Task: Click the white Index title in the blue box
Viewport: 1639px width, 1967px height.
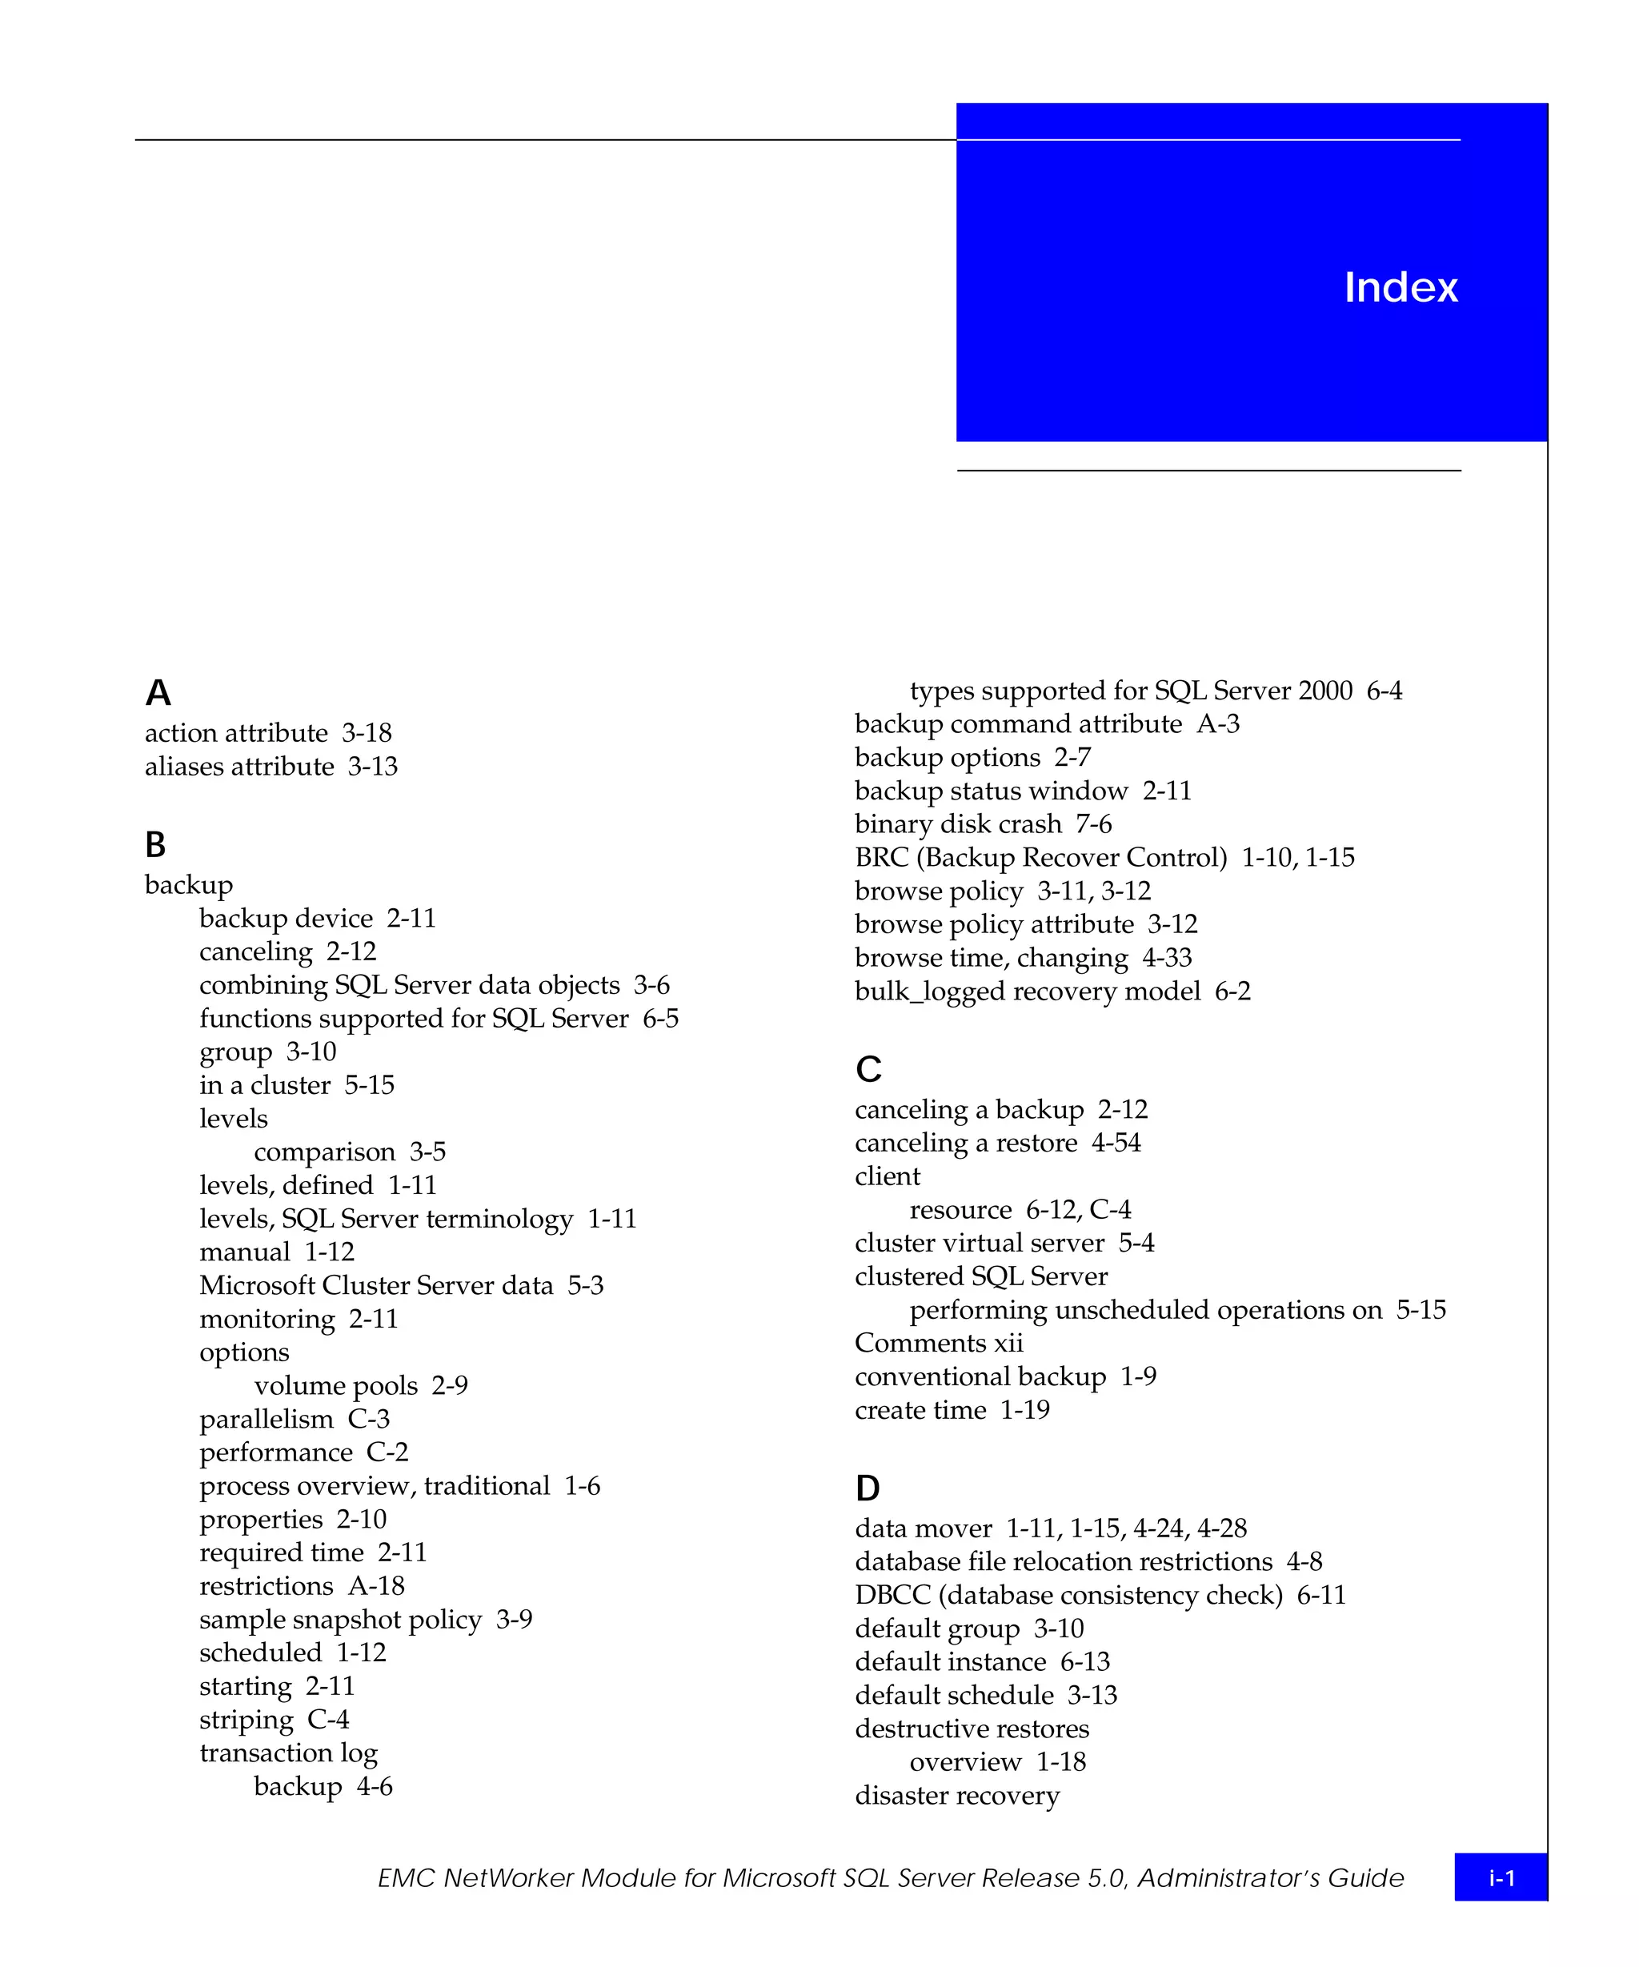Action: (1401, 287)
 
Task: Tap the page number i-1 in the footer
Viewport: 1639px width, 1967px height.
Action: (1501, 1877)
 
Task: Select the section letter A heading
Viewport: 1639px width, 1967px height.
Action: (158, 693)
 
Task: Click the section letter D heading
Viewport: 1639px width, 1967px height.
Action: (868, 1488)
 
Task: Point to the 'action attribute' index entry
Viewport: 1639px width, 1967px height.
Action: (236, 732)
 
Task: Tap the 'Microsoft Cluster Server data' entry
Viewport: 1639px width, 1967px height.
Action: (375, 1285)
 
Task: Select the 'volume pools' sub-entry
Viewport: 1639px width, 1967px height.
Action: (335, 1385)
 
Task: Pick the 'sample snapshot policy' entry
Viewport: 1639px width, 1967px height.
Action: (340, 1620)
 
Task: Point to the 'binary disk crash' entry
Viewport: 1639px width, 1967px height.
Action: (957, 824)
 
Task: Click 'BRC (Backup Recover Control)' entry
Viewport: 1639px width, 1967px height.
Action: (1040, 857)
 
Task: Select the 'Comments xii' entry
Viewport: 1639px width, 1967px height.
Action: (939, 1343)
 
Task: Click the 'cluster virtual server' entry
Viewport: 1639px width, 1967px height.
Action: (979, 1243)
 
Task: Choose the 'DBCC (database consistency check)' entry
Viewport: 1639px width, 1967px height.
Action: (1068, 1595)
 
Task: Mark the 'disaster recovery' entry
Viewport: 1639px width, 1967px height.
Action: (957, 1796)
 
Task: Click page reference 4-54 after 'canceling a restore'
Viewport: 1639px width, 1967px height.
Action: (1116, 1143)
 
